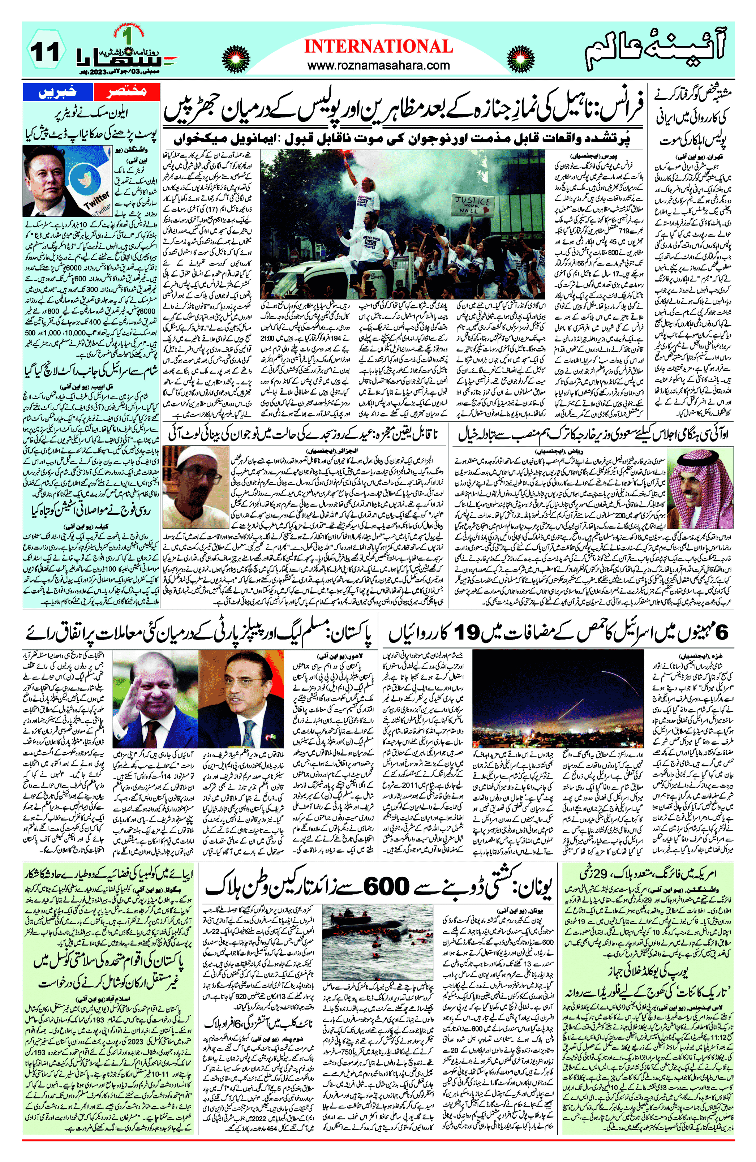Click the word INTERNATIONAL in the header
(x=378, y=47)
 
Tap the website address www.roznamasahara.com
(x=378, y=65)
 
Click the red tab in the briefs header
(x=126, y=92)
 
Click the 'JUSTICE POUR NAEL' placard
(x=472, y=205)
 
